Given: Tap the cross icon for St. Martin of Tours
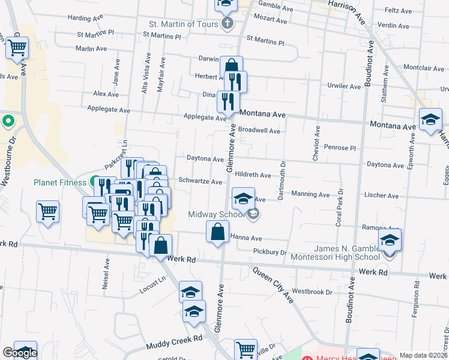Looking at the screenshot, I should (227, 24).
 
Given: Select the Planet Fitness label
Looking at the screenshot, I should (60, 182).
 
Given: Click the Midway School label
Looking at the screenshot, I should (217, 214).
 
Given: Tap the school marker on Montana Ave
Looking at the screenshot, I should (430, 120).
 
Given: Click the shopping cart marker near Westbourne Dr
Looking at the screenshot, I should (17, 47).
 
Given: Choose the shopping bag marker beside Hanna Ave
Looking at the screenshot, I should (217, 232).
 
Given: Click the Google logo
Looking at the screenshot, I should (20, 353).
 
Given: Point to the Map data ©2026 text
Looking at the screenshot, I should (423, 355).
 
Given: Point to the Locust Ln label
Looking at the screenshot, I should (152, 281).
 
